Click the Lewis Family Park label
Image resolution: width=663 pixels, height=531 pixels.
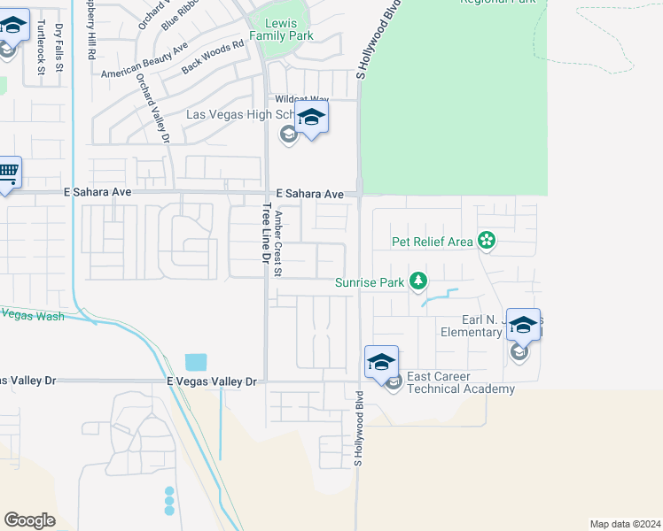coord(281,29)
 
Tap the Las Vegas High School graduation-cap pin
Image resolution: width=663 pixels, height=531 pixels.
coord(311,118)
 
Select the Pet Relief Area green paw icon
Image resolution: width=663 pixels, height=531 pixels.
coord(486,240)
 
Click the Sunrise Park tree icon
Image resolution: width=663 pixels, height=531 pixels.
coord(418,282)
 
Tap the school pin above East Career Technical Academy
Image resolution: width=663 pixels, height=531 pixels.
coord(381,362)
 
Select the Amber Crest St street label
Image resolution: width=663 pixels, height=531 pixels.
coord(278,244)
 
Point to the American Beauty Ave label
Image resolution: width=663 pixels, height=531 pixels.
coord(144,59)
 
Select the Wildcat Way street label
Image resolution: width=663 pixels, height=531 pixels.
coord(301,100)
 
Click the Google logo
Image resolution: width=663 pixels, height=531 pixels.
coord(29,520)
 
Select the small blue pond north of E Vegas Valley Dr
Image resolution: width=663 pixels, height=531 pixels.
coord(196,362)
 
